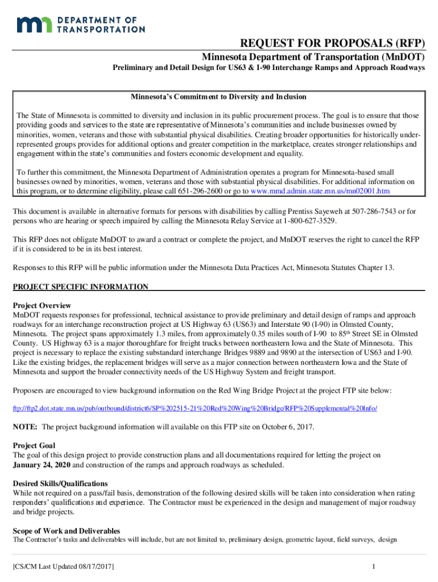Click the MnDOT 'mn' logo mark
35,24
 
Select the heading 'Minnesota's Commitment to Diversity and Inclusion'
219,97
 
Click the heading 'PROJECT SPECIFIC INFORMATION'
81,286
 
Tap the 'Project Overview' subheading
42,305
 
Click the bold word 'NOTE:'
26,427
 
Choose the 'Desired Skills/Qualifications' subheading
60,483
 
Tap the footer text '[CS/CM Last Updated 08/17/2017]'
64,567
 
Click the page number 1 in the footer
373,567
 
